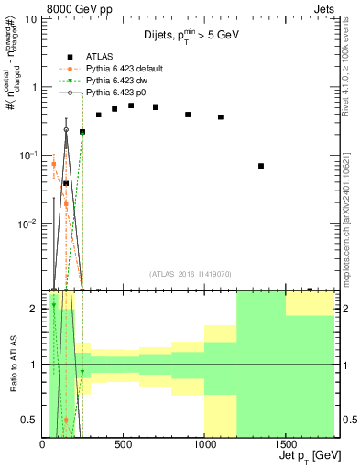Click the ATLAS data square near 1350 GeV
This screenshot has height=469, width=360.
point(261,166)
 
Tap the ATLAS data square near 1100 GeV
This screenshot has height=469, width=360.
point(221,117)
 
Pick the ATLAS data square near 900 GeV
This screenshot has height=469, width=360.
point(188,115)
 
